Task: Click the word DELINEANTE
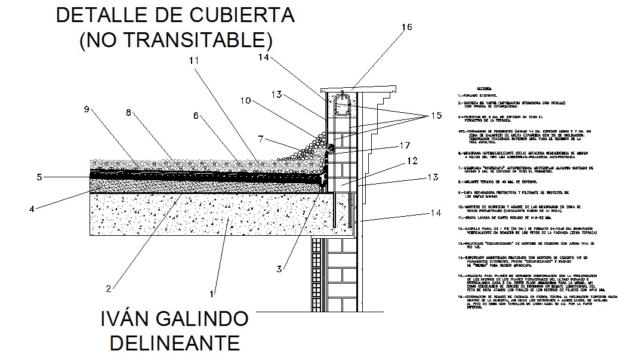(x=175, y=343)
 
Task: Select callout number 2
(x=109, y=288)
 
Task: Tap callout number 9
(x=87, y=109)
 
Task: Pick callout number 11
(x=192, y=60)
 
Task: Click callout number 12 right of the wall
(x=412, y=161)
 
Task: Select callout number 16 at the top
(x=406, y=27)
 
